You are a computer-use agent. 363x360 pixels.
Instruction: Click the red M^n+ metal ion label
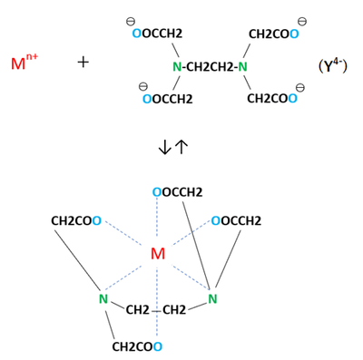[x=25, y=63]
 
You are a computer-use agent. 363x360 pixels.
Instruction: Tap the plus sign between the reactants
[x=83, y=62]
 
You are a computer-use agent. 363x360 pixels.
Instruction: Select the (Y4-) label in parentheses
[x=332, y=65]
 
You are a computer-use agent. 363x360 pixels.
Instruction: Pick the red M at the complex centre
[x=158, y=254]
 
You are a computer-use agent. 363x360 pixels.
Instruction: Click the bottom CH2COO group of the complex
[x=137, y=346]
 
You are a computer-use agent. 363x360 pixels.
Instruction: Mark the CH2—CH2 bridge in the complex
[x=157, y=311]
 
